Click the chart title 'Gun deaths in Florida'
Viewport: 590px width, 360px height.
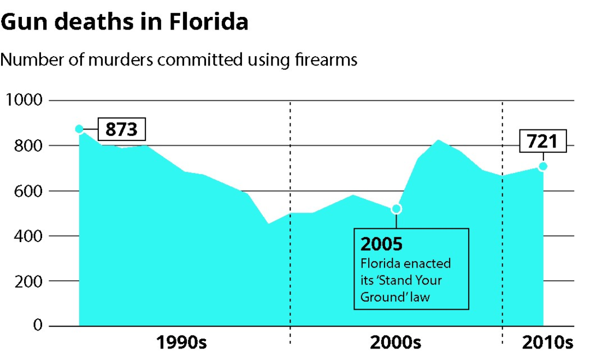125,22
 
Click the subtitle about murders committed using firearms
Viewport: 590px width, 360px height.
179,59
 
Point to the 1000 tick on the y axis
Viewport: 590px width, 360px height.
23,101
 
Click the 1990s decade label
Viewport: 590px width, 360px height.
181,343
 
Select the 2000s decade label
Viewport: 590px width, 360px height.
396,343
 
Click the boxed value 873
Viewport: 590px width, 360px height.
121,130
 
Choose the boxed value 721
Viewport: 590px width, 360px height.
542,141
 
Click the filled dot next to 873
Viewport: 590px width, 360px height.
79,129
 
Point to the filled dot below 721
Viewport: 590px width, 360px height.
542,166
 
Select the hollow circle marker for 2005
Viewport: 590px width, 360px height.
397,209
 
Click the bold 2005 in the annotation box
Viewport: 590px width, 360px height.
381,244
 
